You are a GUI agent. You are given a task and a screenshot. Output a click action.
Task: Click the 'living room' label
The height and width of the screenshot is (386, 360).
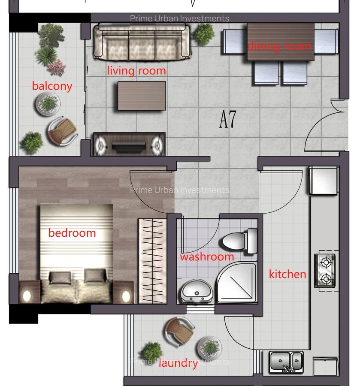point(136,70)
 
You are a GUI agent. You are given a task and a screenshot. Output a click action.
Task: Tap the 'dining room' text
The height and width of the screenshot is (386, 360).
point(279,46)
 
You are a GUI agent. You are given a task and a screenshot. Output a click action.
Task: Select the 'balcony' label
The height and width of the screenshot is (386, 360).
point(52,86)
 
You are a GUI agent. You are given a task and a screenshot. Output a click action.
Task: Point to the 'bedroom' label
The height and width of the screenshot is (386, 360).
point(72,233)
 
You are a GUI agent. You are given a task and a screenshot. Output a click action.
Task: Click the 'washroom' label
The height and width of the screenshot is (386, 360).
point(207,256)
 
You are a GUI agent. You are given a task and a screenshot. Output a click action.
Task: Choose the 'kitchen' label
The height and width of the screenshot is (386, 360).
point(287,274)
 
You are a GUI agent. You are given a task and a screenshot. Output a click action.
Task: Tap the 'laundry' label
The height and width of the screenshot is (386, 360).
point(178,364)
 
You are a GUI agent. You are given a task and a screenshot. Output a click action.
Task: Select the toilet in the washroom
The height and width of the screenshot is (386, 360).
point(238,241)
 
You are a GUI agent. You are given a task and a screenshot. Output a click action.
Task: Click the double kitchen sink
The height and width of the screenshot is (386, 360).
point(286,361)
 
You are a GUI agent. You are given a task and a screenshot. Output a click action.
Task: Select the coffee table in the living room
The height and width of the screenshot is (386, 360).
point(142,95)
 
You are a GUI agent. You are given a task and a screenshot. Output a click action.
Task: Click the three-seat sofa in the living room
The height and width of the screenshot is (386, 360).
point(142,41)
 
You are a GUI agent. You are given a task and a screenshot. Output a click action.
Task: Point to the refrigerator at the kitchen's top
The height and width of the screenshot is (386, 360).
point(324,181)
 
